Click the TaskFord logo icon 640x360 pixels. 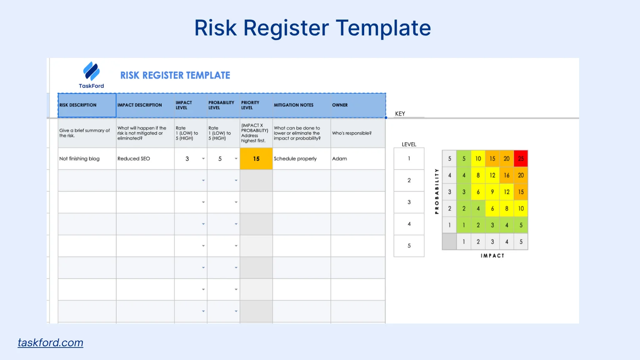(x=91, y=71)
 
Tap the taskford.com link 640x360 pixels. (x=50, y=342)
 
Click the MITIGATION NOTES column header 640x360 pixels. (x=294, y=105)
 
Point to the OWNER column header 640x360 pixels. (x=340, y=105)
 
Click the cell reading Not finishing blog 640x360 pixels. (x=80, y=159)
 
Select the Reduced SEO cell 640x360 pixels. (x=134, y=159)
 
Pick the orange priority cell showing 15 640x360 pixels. (x=256, y=159)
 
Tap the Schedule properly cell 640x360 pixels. (x=295, y=159)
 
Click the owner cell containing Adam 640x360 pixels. (x=340, y=159)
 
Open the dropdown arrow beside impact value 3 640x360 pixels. (x=203, y=159)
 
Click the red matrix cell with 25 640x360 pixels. (x=521, y=159)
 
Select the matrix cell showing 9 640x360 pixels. (x=492, y=192)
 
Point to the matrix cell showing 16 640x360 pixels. (x=507, y=175)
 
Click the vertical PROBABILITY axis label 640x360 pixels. (x=437, y=191)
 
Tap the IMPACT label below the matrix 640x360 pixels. (x=492, y=256)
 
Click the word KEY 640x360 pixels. (x=400, y=114)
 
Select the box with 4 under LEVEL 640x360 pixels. (x=409, y=224)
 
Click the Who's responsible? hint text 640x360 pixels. (x=352, y=133)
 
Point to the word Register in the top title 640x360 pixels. (x=286, y=28)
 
